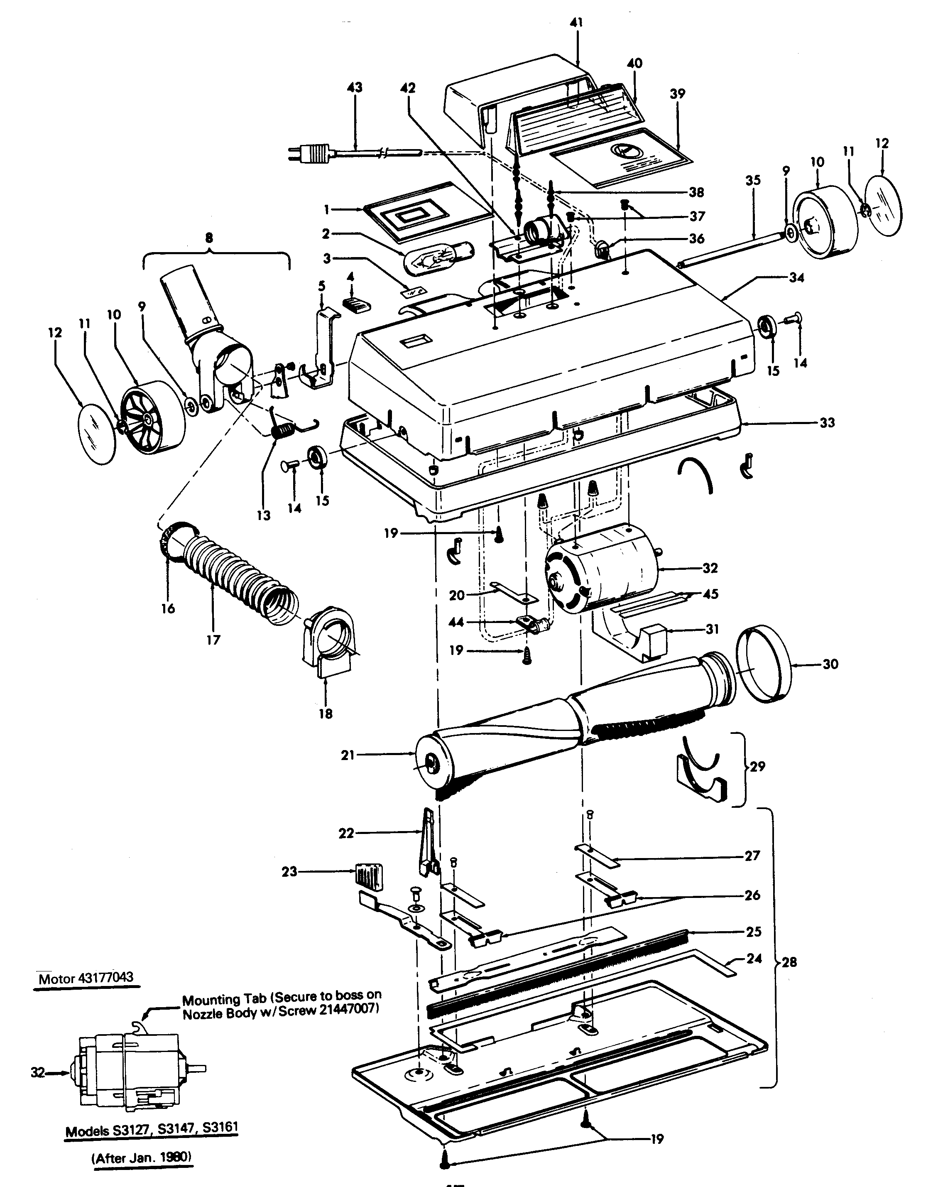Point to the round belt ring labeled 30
(x=763, y=664)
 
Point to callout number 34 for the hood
(x=796, y=278)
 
